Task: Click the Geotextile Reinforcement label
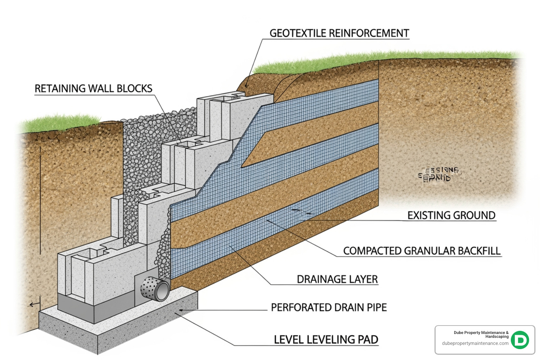pyautogui.click(x=339, y=33)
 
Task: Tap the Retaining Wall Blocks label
pyautogui.click(x=93, y=89)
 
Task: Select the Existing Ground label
pyautogui.click(x=451, y=215)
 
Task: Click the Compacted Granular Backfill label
pyautogui.click(x=422, y=251)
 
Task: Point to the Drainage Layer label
pyautogui.click(x=337, y=279)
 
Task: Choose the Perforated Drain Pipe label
pyautogui.click(x=328, y=307)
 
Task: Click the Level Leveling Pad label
pyautogui.click(x=326, y=340)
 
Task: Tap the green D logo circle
pyautogui.click(x=520, y=340)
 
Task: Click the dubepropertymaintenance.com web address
pyautogui.click(x=475, y=343)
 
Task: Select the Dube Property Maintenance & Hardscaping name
pyautogui.click(x=481, y=334)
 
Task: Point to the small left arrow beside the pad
pyautogui.click(x=33, y=304)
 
